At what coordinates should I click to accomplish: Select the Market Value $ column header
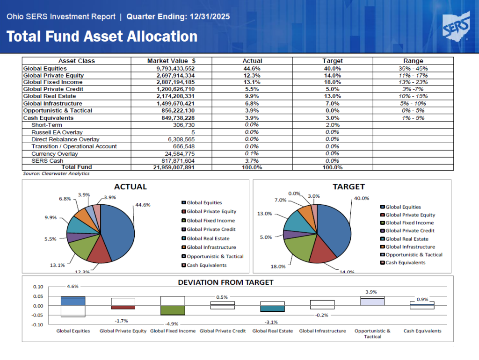pyautogui.click(x=171, y=61)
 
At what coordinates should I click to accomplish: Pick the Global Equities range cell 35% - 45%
pyautogui.click(x=413, y=68)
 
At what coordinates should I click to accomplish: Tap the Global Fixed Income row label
pyautogui.click(x=53, y=82)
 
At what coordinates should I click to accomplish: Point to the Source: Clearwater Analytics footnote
pyautogui.click(x=56, y=173)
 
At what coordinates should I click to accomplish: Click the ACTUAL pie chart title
pyautogui.click(x=131, y=187)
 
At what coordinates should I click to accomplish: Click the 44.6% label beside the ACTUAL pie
pyautogui.click(x=143, y=205)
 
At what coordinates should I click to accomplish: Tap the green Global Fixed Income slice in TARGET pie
pyautogui.click(x=299, y=248)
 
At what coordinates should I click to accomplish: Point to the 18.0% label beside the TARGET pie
pyautogui.click(x=278, y=266)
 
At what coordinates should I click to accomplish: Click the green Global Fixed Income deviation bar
pyautogui.click(x=173, y=310)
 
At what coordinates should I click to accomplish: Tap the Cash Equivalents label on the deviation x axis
pyautogui.click(x=422, y=331)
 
